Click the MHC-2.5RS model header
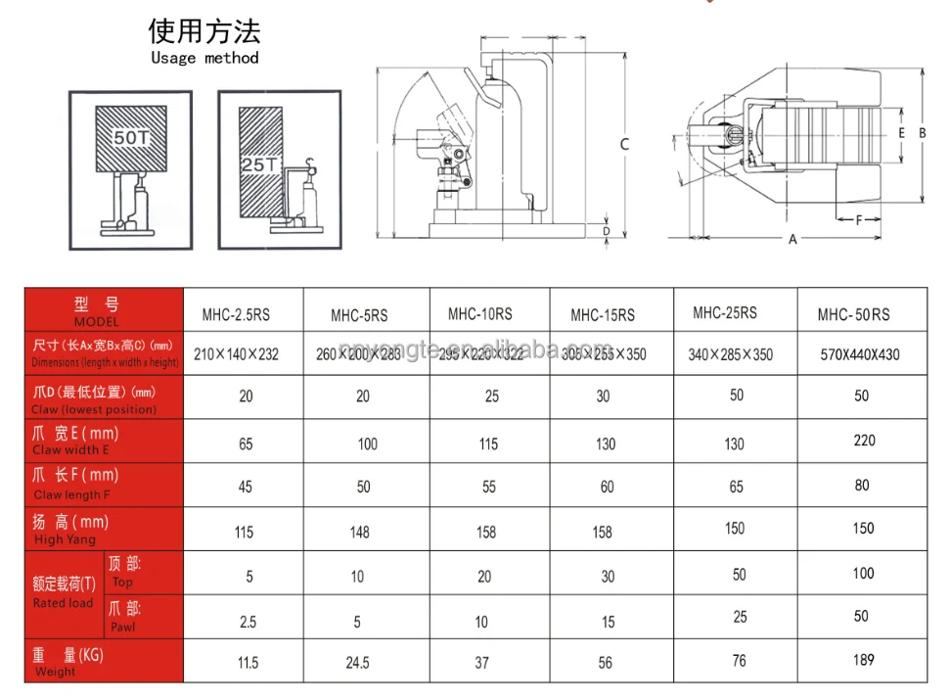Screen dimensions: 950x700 click(x=236, y=315)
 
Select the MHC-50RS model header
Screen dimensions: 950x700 click(x=853, y=315)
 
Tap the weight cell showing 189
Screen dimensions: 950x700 click(x=863, y=660)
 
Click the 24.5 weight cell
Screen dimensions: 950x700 click(x=357, y=663)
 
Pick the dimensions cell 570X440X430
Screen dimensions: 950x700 click(x=860, y=354)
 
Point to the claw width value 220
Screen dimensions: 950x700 click(x=864, y=441)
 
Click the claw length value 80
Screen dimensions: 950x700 click(x=862, y=485)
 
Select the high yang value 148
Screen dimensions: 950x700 click(x=360, y=532)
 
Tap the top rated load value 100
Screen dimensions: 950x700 click(x=863, y=573)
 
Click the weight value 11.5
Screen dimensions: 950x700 click(x=248, y=663)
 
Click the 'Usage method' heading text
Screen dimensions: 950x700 click(x=204, y=58)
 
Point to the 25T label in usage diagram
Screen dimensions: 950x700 click(x=258, y=164)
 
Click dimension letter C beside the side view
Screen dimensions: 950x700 click(x=624, y=144)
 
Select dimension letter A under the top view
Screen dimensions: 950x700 click(x=793, y=240)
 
